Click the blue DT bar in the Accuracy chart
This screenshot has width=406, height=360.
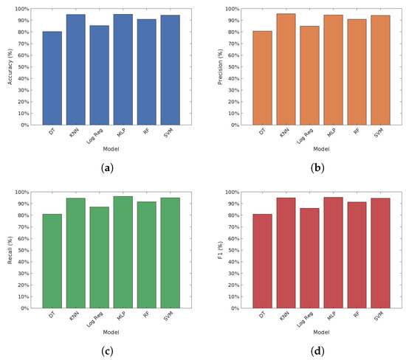coord(52,78)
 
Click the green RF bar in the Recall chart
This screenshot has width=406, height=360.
coord(148,255)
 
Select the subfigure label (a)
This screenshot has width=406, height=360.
coord(109,169)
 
